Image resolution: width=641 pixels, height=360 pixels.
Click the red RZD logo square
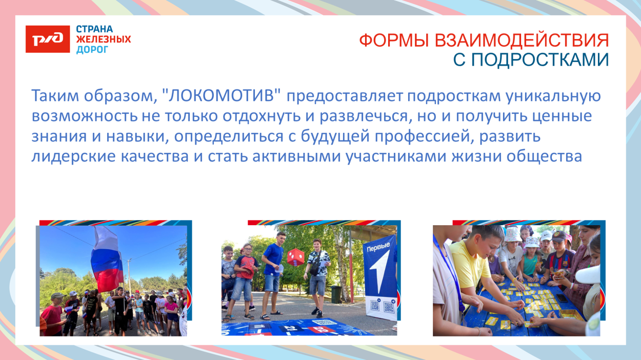[x=48, y=39]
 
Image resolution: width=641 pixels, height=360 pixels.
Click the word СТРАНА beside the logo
[x=94, y=29]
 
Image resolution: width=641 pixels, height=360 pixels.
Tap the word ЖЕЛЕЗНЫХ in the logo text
[x=103, y=39]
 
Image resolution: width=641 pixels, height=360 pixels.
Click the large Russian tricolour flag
[x=107, y=259]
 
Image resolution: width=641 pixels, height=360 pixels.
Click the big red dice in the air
[x=295, y=257]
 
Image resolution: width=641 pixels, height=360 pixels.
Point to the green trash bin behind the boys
[x=335, y=294]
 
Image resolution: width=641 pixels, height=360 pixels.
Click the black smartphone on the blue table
[x=562, y=297]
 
